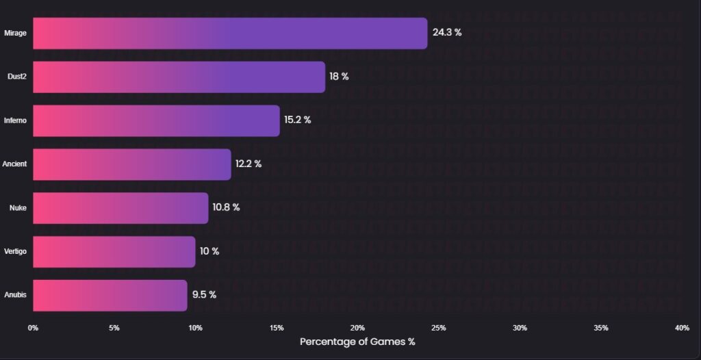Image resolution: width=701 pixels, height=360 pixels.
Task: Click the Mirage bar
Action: (x=230, y=33)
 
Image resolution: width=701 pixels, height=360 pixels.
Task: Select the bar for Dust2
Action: (x=179, y=77)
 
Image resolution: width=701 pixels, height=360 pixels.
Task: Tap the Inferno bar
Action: (x=156, y=120)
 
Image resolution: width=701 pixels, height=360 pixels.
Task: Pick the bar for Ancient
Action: (x=131, y=164)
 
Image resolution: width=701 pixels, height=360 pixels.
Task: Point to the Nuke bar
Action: (x=120, y=208)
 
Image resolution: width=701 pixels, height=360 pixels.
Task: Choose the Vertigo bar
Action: (x=114, y=251)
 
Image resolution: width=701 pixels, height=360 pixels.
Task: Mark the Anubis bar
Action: (x=110, y=295)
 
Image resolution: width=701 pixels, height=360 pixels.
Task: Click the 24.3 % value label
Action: (x=447, y=32)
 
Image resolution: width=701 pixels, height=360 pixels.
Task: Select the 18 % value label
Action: (x=339, y=76)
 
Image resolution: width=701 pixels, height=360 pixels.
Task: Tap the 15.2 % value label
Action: (x=298, y=120)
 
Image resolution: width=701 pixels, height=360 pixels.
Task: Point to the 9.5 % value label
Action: (x=204, y=295)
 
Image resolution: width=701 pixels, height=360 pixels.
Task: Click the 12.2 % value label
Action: (x=248, y=164)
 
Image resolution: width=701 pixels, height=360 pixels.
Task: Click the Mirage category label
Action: (x=15, y=33)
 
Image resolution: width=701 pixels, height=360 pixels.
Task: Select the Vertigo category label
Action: (x=15, y=252)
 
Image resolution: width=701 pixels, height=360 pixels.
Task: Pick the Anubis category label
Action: (x=15, y=295)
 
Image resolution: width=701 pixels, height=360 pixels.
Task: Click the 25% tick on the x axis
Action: (x=439, y=328)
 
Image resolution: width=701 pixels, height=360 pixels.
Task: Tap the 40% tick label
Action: (x=682, y=328)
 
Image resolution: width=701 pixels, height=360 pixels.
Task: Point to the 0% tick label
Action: (x=33, y=328)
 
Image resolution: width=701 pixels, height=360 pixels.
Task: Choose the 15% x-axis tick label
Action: (x=277, y=328)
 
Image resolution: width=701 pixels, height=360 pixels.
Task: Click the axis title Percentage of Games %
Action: (x=357, y=342)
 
